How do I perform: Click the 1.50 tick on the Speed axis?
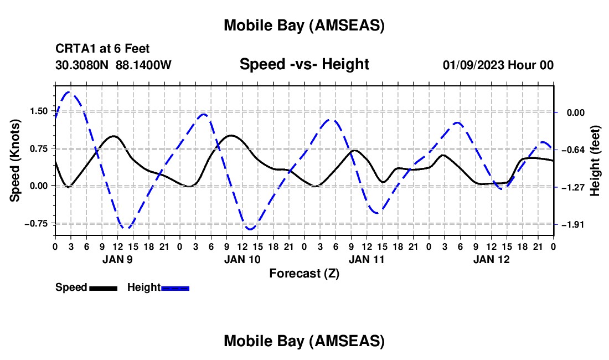(39, 111)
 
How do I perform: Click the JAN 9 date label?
(117, 259)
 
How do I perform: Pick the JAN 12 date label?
(492, 259)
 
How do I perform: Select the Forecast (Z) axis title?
(304, 273)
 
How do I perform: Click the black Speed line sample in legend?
(103, 288)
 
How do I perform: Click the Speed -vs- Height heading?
(304, 65)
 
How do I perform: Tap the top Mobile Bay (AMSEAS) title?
(304, 25)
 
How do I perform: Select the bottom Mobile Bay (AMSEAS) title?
(304, 341)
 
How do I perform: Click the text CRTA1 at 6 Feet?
(102, 49)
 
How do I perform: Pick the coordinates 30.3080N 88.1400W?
(113, 65)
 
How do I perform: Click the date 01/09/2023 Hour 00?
(498, 65)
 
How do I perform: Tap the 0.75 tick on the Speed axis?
(39, 148)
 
